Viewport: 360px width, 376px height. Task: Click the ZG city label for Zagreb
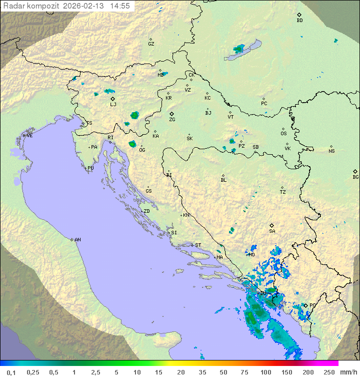[172, 120]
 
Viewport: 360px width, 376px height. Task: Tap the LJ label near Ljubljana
[113, 105]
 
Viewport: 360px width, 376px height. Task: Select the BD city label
[299, 21]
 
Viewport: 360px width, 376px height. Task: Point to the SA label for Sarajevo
[272, 231]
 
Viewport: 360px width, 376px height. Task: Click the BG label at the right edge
[355, 177]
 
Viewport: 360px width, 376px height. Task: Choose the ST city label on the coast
[198, 245]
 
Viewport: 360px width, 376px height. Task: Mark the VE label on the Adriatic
[29, 136]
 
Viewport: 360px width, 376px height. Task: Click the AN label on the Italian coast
[77, 240]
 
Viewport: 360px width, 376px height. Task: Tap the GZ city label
[151, 44]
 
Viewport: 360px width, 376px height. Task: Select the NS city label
[331, 151]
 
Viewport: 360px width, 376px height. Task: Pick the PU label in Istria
[90, 168]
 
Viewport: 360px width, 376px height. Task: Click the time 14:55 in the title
[120, 6]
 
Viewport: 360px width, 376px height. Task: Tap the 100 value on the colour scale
[265, 372]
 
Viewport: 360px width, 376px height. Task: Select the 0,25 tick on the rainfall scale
[33, 372]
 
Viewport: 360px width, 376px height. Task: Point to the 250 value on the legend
[329, 372]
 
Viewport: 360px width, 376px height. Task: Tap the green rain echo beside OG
[132, 144]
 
